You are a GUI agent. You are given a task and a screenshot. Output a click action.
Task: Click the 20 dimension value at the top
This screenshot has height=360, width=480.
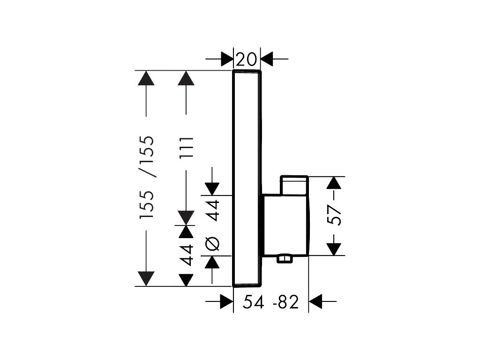(x=247, y=60)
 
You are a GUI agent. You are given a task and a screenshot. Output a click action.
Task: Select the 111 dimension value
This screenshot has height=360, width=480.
(x=187, y=147)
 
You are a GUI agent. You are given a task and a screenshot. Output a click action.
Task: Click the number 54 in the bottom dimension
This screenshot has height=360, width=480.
(x=254, y=303)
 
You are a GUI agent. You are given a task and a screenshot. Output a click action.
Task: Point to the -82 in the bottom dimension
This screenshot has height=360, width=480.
(x=285, y=303)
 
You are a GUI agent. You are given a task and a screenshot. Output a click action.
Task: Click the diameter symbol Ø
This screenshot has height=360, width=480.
(x=212, y=243)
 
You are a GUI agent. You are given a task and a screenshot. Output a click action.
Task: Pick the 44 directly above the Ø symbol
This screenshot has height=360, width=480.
(x=213, y=210)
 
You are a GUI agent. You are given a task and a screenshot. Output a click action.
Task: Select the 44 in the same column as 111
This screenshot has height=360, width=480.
(x=187, y=255)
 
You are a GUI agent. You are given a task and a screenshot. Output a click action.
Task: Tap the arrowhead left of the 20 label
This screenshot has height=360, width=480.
(x=227, y=59)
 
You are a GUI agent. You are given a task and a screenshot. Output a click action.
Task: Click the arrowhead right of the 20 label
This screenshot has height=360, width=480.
(x=267, y=59)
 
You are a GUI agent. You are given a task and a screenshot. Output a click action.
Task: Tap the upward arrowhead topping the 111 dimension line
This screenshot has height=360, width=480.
(x=186, y=78)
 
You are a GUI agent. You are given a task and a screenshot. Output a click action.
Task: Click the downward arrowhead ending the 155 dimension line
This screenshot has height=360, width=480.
(x=147, y=279)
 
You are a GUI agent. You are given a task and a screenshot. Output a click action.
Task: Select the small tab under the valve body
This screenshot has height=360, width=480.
(x=285, y=259)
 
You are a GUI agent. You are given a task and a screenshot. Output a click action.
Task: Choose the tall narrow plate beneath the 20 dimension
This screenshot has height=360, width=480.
(x=247, y=178)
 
